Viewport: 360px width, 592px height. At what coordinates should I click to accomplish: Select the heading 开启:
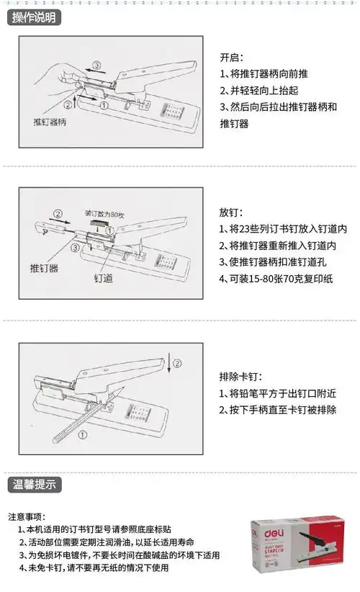pyautogui.click(x=231, y=58)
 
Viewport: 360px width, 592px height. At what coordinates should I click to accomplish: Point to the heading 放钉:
pyautogui.click(x=231, y=213)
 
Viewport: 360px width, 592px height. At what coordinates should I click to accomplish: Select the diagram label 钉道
pyautogui.click(x=103, y=277)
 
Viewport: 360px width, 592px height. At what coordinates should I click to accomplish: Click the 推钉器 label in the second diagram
pyautogui.click(x=44, y=268)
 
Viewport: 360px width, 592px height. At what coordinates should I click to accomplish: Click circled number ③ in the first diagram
pyautogui.click(x=96, y=66)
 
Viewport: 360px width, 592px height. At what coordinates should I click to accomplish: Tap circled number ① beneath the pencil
pyautogui.click(x=83, y=434)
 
